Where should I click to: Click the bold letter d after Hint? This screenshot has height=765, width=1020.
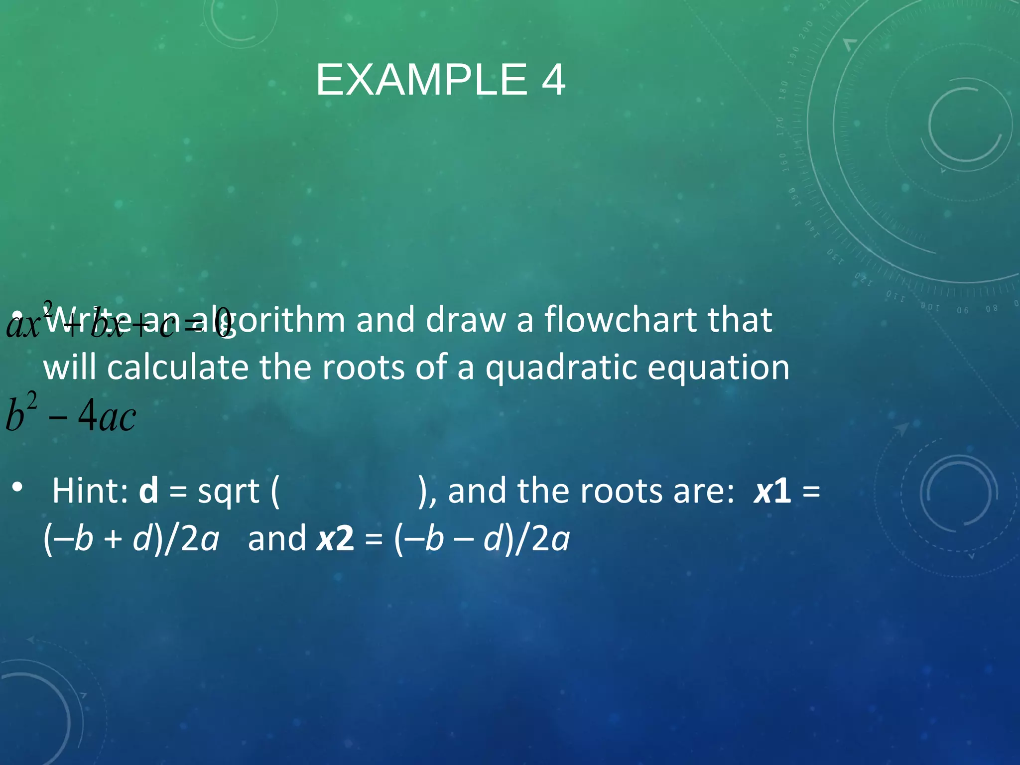coord(148,491)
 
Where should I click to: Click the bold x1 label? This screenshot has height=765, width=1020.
coord(772,491)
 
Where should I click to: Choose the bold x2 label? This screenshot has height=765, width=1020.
coord(335,539)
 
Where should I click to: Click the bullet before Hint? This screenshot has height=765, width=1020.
coord(18,487)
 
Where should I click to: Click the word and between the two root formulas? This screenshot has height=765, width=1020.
coord(277,539)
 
